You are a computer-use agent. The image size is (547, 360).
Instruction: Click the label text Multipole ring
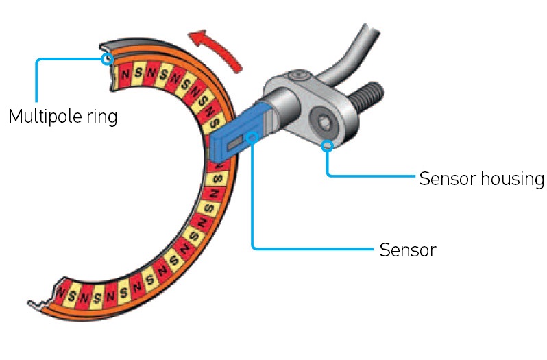[x=62, y=116]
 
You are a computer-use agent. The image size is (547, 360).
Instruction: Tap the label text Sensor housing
[x=481, y=179]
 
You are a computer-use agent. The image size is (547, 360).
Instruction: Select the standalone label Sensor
[x=407, y=250]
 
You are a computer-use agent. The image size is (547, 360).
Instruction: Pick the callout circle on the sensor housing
[x=328, y=145]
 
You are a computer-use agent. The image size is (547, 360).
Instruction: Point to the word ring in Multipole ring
[x=104, y=117]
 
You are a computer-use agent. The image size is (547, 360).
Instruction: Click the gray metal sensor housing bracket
[x=302, y=103]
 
